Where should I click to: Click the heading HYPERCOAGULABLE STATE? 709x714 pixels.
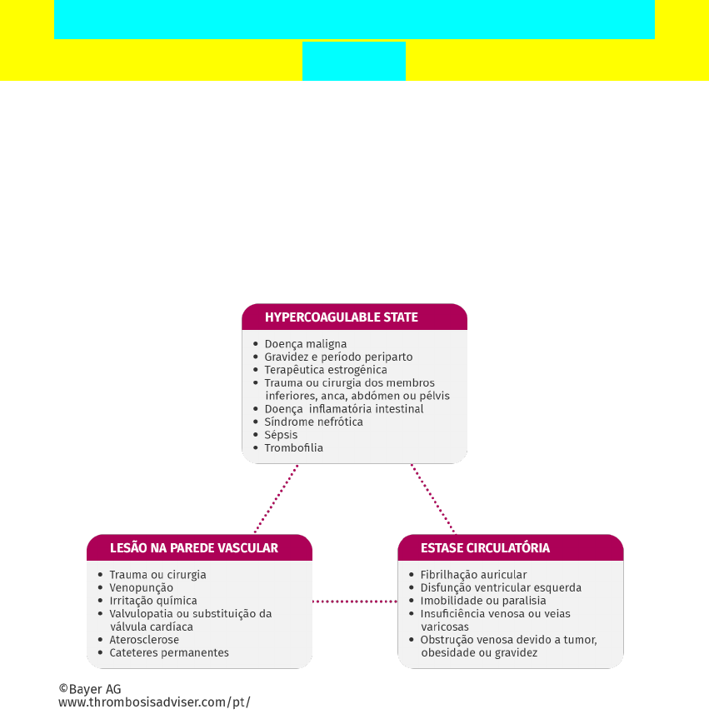[341, 317]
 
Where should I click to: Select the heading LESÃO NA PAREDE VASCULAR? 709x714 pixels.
[194, 548]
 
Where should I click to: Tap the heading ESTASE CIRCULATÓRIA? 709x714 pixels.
[485, 548]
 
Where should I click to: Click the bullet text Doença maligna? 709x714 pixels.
[306, 344]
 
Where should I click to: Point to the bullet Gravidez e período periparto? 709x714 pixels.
[338, 357]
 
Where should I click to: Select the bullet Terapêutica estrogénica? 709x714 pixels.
[326, 370]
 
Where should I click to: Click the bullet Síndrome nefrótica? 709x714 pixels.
[313, 422]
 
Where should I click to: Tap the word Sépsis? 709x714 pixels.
[281, 435]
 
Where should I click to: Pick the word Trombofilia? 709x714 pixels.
[293, 448]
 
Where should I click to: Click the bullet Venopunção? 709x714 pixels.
[142, 588]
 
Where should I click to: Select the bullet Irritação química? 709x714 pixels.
[153, 601]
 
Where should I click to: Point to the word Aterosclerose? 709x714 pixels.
[144, 640]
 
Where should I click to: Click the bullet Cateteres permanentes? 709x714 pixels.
[169, 653]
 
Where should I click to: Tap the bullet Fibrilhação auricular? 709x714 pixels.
[473, 575]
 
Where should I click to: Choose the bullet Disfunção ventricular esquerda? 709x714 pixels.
[501, 588]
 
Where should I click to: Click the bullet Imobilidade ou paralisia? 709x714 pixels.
[483, 601]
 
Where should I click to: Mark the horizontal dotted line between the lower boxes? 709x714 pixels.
[355, 601]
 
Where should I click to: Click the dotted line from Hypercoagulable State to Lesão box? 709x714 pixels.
[276, 498]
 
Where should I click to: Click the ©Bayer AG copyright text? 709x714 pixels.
[90, 689]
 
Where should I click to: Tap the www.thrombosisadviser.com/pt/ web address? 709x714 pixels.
[154, 702]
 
